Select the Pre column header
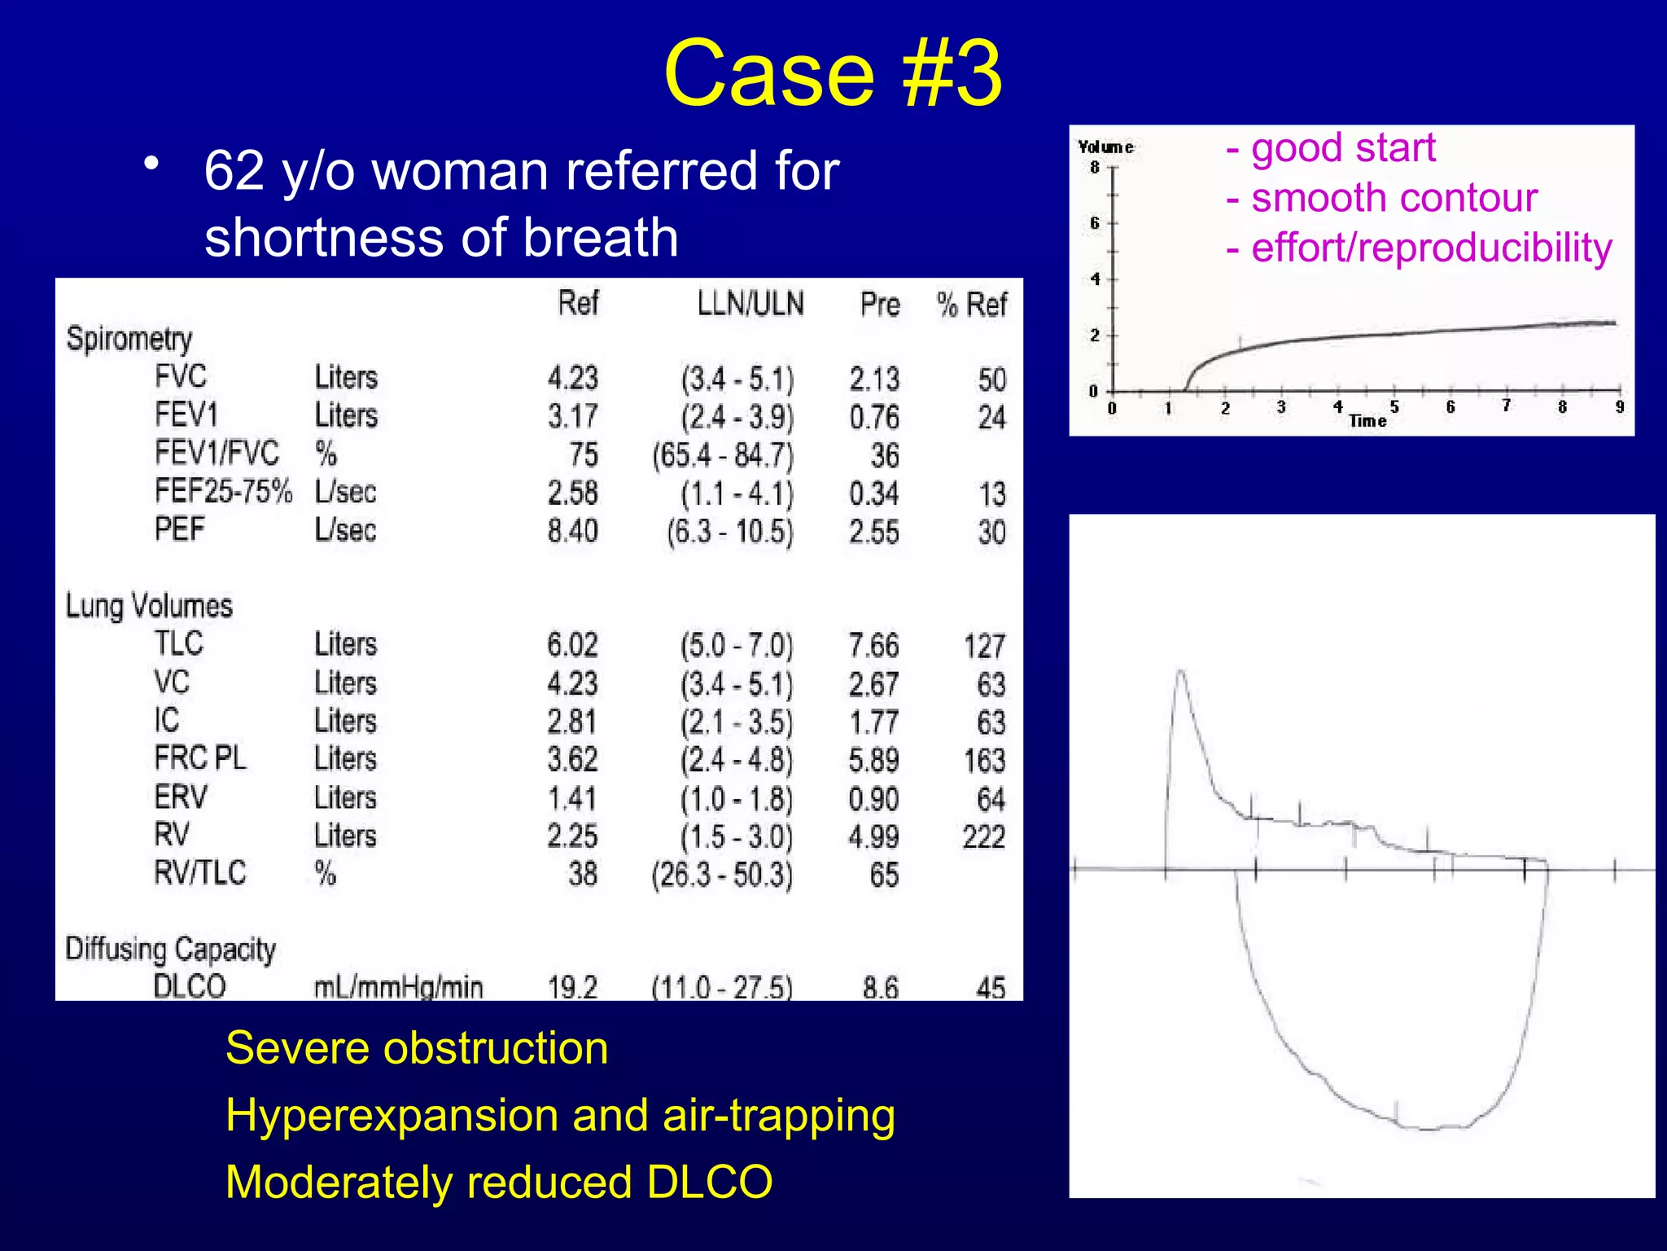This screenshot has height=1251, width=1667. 880,305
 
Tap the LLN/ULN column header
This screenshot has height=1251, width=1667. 750,304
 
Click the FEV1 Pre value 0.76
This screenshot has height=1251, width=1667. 874,418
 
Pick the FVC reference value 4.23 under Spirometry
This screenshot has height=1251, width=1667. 572,379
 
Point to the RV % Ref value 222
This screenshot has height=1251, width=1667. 983,837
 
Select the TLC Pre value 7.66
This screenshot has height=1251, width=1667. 873,647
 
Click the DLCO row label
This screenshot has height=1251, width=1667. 190,986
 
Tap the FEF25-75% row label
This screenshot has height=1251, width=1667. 223,492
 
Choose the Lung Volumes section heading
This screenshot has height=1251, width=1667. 149,606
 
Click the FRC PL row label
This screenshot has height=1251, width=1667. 200,758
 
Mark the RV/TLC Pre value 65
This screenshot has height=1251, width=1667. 884,876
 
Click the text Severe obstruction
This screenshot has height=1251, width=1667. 417,1047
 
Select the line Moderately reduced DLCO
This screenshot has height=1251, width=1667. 499,1182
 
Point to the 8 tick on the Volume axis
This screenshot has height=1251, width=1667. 1095,168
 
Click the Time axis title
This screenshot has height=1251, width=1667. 1367,421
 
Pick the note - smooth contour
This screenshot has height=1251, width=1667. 1381,198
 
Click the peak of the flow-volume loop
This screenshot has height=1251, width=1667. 1180,672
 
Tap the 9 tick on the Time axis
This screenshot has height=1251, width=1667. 1620,406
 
